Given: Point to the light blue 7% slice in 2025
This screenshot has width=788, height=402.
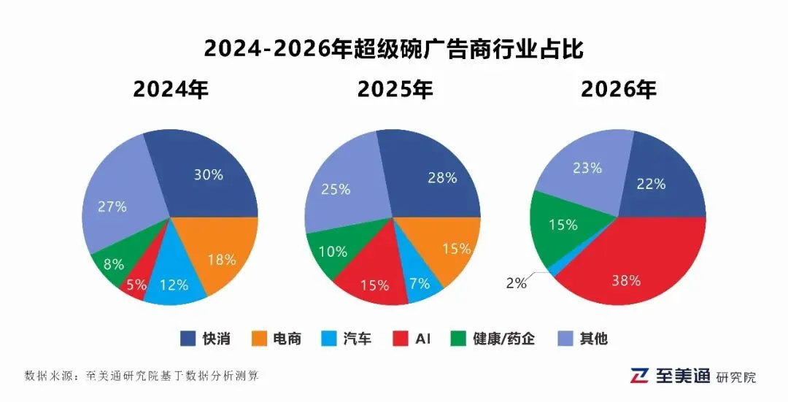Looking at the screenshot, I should tap(422, 281).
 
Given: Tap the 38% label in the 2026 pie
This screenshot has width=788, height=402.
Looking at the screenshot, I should tap(625, 280).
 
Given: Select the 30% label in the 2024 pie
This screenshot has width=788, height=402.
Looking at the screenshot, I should tap(208, 175).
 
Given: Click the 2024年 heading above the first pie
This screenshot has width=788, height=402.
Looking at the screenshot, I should tap(171, 90).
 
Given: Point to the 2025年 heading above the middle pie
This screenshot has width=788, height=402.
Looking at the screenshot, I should tap(395, 90).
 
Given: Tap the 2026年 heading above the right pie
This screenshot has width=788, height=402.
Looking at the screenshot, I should tap(619, 90).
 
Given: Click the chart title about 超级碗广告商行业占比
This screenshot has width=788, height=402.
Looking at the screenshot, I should tap(394, 49).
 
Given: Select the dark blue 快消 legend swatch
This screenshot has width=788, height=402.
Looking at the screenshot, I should tap(188, 339).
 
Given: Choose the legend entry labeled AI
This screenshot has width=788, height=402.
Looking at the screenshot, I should tap(412, 339).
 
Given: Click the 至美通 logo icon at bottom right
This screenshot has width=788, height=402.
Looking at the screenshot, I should tap(640, 375).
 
